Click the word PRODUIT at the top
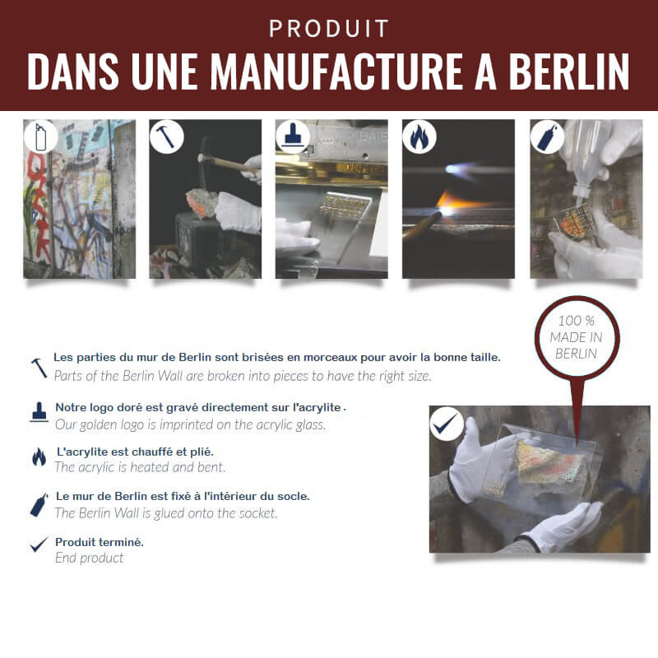328,29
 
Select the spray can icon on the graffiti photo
39,136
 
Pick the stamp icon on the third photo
291,136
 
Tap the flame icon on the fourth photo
418,136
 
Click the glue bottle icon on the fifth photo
544,136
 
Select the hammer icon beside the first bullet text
39,367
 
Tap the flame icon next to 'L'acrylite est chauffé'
39,457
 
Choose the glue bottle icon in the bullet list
39,503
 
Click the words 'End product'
89,558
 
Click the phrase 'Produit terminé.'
99,542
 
